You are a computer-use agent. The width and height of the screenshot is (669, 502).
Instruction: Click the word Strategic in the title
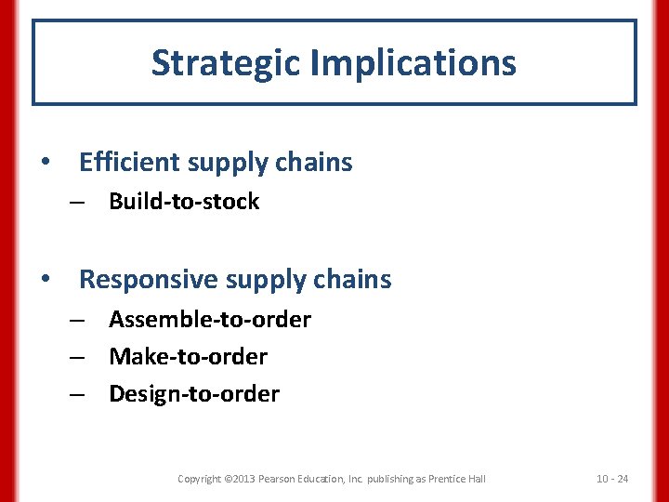226,63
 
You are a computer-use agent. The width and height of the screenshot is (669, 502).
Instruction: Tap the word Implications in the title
413,63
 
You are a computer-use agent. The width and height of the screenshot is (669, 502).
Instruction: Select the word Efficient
129,163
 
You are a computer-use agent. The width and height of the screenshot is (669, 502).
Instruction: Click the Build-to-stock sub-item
184,202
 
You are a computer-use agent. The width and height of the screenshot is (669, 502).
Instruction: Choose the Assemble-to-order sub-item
210,320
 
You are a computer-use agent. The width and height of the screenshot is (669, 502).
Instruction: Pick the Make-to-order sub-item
188,357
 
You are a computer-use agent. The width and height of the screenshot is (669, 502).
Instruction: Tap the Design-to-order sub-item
193,394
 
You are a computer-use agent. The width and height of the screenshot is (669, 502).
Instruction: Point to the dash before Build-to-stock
79,203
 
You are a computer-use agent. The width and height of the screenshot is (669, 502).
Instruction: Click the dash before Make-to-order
79,358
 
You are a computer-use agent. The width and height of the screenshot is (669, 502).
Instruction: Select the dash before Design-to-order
79,395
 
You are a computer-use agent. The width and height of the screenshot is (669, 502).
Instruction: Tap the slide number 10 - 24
611,479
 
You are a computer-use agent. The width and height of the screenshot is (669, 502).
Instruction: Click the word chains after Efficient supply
313,163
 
